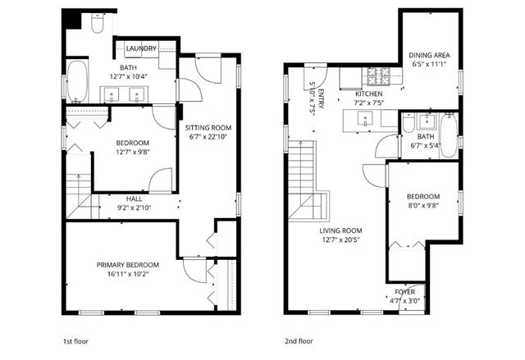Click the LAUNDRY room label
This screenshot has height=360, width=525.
pos(141,48)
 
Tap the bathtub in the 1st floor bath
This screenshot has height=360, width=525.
pos(77,81)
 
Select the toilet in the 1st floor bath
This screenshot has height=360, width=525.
pos(98,23)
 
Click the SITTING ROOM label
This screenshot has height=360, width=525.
pos(208,128)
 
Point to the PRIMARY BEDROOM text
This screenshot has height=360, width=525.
pos(128,265)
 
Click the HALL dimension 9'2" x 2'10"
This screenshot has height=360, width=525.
pos(134,207)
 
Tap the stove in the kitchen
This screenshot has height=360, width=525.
pos(379,76)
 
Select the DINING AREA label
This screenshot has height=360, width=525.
pos(430,55)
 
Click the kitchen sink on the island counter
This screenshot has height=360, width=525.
pos(364,118)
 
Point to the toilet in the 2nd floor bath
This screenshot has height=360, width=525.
pos(409,123)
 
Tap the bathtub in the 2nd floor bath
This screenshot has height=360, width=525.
pos(448,135)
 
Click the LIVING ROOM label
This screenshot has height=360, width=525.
pos(340,230)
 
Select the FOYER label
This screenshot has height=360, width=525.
pos(404,292)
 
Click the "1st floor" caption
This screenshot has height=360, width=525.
pos(75,341)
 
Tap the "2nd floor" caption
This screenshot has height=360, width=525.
pos(299,341)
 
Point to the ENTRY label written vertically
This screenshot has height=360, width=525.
pos(321,99)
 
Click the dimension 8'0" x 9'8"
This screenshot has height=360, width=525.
pos(423,206)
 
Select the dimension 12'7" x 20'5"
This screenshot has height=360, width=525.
pos(341,240)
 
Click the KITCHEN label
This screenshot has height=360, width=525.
pos(368,93)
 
